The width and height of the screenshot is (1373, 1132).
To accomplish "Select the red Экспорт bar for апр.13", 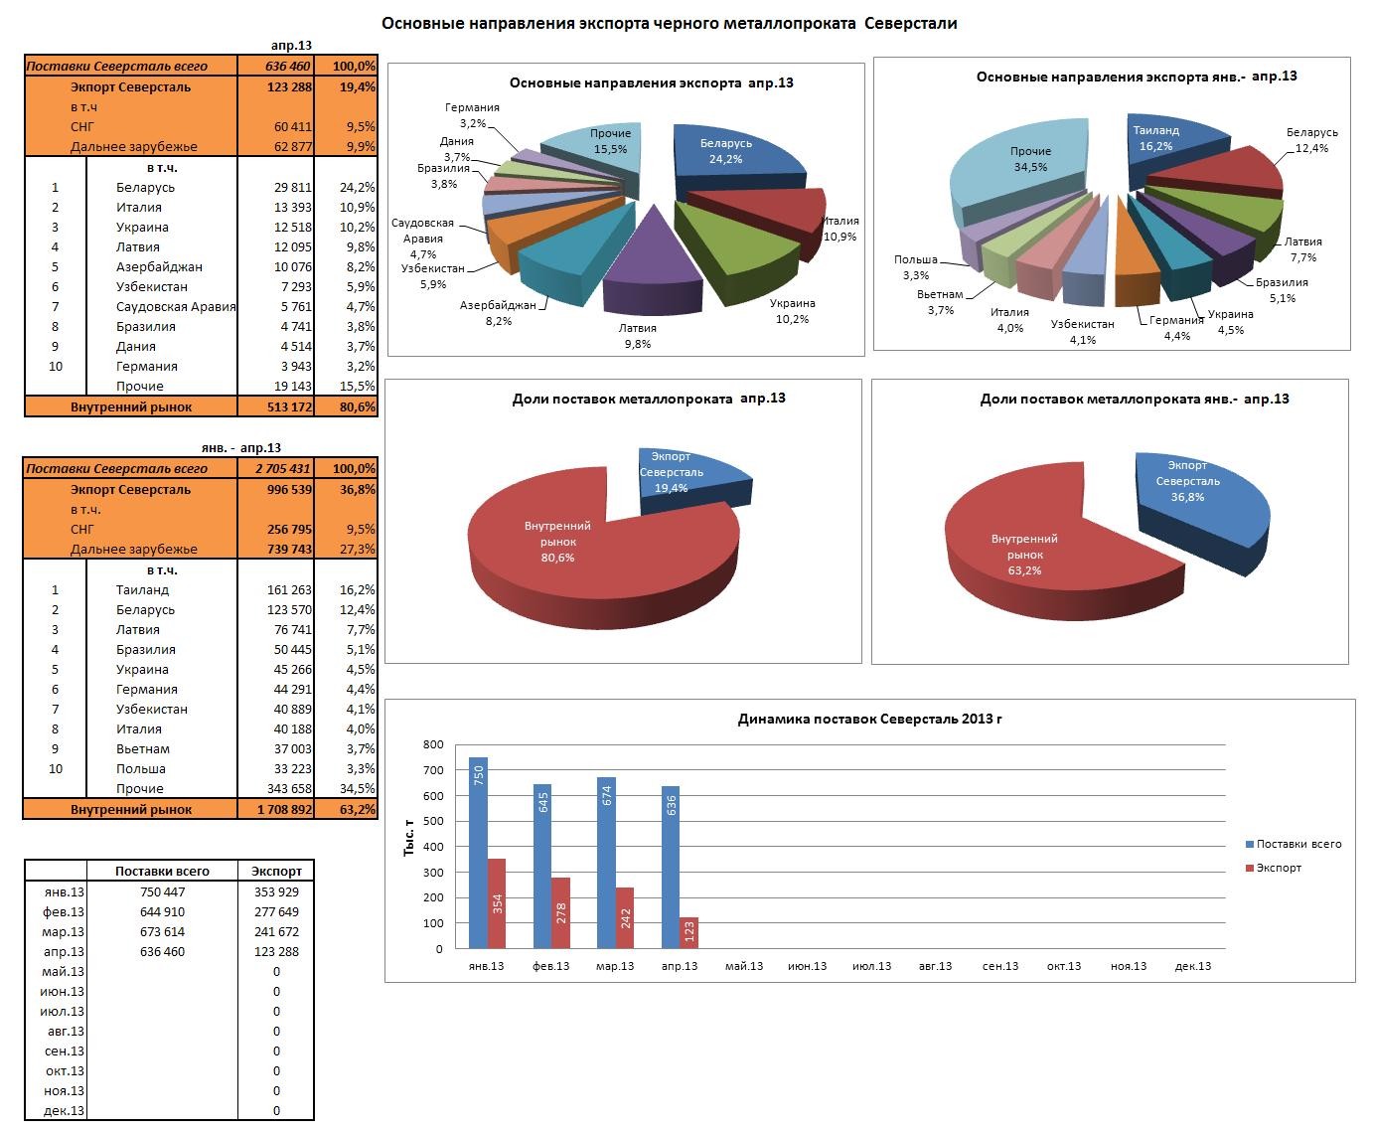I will coord(688,932).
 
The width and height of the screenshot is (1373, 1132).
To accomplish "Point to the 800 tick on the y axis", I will coord(432,744).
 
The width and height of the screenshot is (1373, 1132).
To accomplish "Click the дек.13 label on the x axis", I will coord(1192,966).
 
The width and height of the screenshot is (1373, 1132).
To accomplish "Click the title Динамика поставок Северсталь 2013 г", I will coord(869,720).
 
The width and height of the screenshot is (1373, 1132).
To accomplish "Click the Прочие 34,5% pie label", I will coord(1030,159).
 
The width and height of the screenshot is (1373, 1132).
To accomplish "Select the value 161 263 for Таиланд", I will coord(282,590).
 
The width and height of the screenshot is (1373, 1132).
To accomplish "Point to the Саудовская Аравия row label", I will coord(176,307).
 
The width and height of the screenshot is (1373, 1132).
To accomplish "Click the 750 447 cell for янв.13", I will coord(163,892).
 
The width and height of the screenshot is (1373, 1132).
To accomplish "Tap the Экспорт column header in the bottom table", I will coord(276,872).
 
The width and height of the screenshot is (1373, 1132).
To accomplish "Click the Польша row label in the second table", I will coord(140,769).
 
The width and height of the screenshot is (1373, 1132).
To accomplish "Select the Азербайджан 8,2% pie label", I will coord(499,313).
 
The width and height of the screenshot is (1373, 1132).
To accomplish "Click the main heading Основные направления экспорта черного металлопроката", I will coord(670,23).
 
